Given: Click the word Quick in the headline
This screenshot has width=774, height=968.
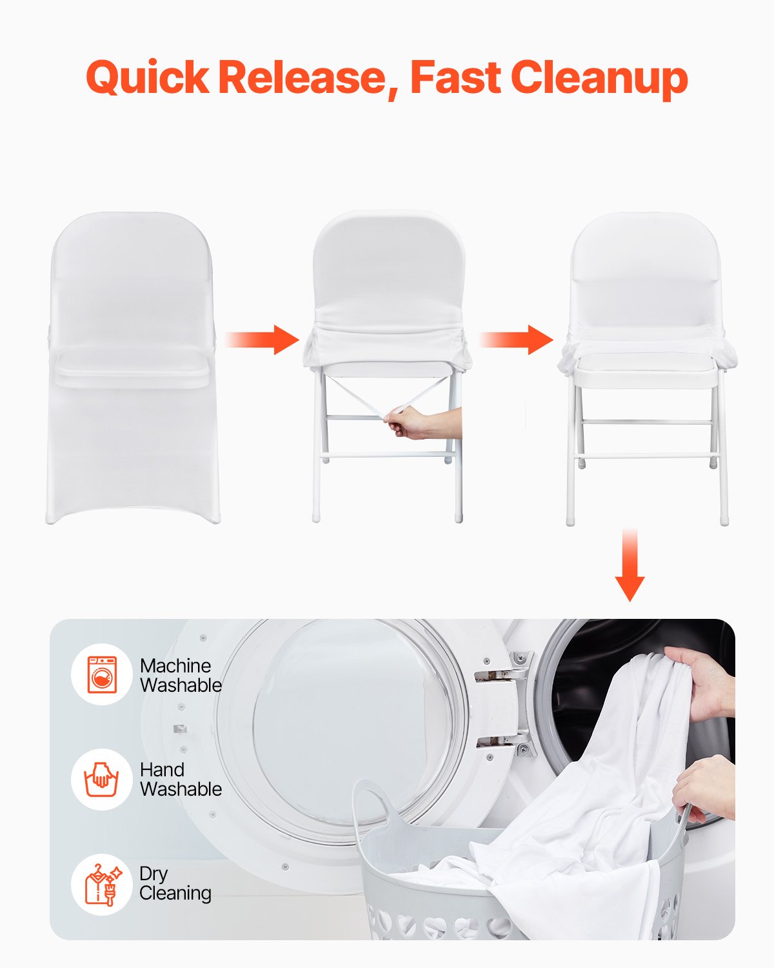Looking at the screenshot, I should point(147,78).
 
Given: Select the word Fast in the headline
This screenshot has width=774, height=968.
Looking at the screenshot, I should point(455,78).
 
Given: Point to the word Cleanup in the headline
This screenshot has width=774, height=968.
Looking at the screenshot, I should point(599,78).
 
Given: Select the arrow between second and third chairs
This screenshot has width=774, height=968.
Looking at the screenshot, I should point(517,339).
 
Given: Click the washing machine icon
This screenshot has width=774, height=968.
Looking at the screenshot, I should point(102,675).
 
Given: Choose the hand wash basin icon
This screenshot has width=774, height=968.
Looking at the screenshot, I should point(102,779).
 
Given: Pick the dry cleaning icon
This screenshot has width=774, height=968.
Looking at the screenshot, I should point(102,883).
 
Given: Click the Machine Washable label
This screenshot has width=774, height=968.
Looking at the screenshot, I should point(181,675).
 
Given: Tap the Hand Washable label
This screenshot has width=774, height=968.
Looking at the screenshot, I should point(181,779).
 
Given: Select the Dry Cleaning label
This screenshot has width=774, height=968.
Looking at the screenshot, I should point(175,883).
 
